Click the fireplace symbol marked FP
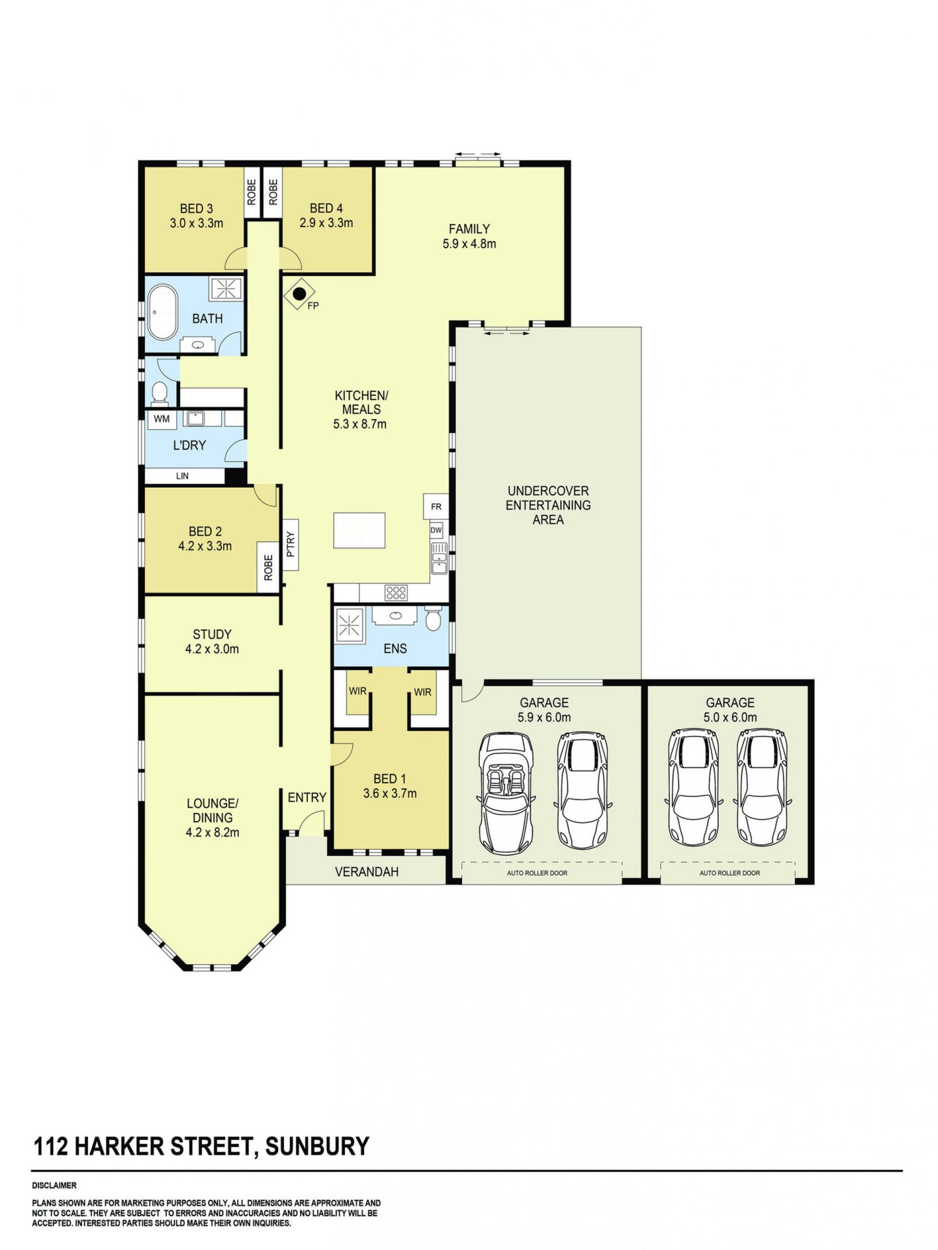click(299, 294)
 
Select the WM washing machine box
click(162, 419)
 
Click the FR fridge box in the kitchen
click(436, 506)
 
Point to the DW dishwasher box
click(436, 530)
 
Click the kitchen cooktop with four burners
click(396, 592)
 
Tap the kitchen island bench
click(360, 530)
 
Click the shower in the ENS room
click(350, 625)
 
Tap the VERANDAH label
click(367, 872)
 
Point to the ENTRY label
click(307, 797)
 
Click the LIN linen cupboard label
click(182, 476)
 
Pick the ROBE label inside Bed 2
click(268, 567)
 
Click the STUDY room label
click(212, 634)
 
